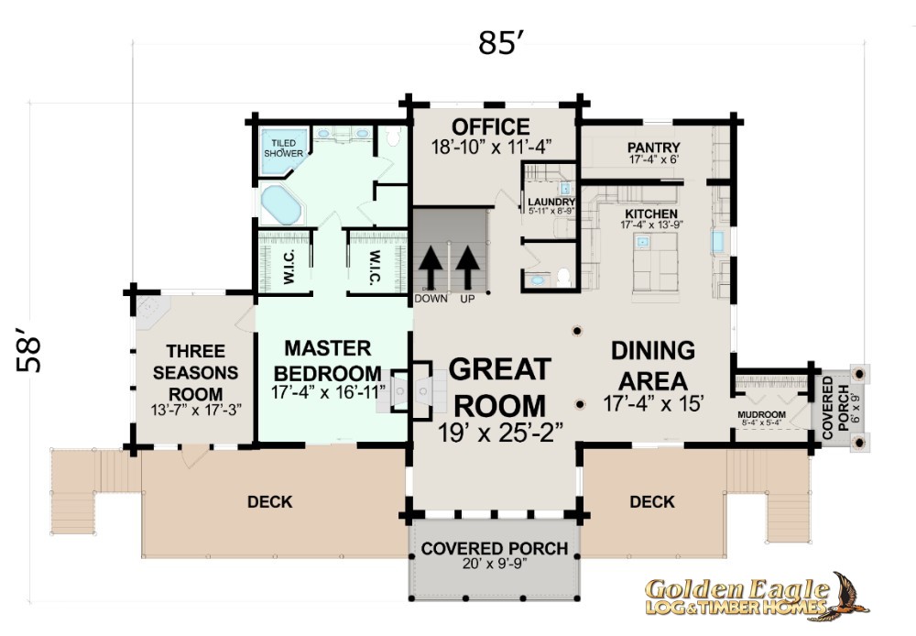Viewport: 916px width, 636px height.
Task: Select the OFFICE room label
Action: click(x=491, y=126)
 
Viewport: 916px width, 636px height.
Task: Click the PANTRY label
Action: click(x=654, y=147)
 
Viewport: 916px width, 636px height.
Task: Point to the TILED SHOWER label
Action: click(x=284, y=148)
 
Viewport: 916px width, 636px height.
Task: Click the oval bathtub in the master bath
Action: click(x=280, y=204)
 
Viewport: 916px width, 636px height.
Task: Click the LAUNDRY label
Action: click(x=551, y=202)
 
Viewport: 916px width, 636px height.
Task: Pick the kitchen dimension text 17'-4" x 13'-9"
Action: click(x=651, y=225)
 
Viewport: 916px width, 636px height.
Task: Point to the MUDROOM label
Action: click(x=761, y=414)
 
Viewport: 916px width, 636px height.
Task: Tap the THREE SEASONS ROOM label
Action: click(x=196, y=372)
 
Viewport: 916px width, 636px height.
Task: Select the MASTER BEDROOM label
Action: click(x=328, y=361)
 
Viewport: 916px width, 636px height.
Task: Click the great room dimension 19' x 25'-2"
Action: click(x=501, y=433)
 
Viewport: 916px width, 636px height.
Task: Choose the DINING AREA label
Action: click(x=653, y=366)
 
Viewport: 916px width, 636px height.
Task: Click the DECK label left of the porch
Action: click(x=270, y=501)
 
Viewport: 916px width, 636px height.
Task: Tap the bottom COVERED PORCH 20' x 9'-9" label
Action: click(x=495, y=554)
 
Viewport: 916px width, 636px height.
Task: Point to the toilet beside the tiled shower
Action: click(x=393, y=136)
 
